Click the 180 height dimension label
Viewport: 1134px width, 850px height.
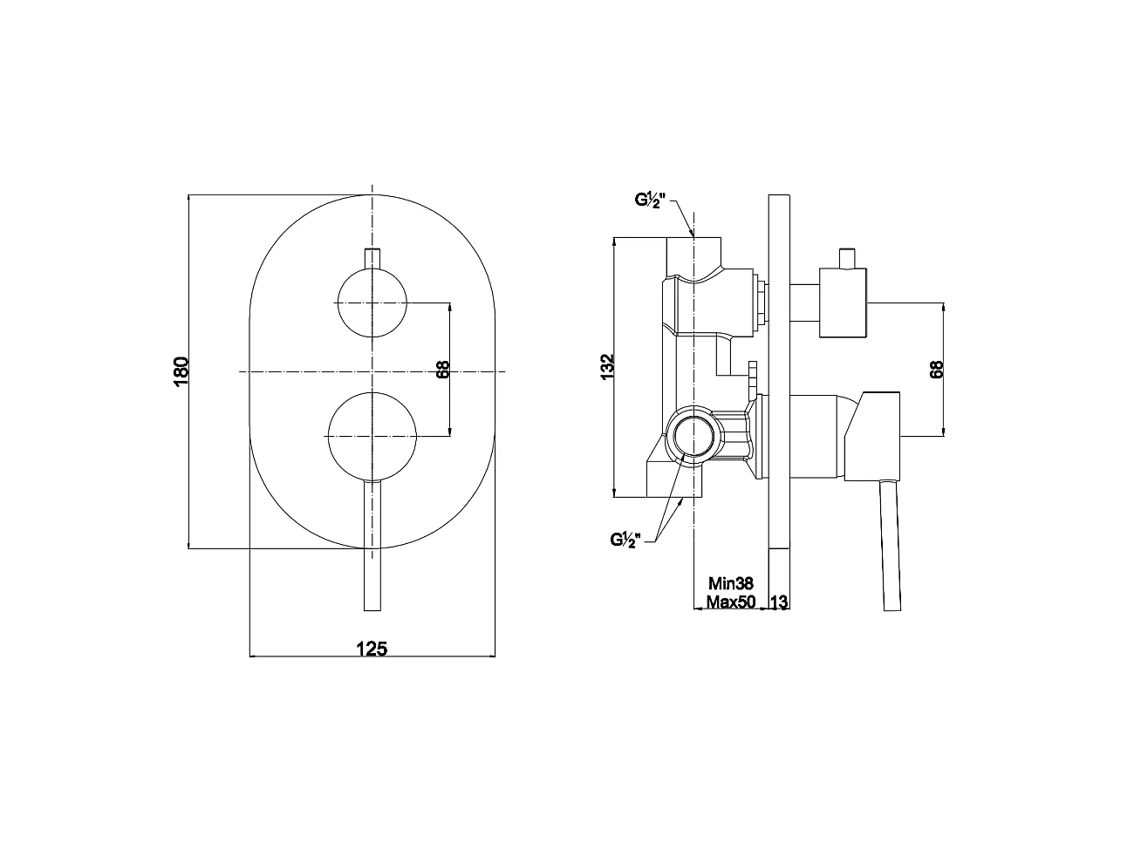tap(181, 371)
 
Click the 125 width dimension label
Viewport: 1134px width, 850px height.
tap(372, 649)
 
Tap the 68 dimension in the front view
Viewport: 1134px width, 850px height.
tap(443, 370)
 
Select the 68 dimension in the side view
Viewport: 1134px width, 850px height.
tap(936, 370)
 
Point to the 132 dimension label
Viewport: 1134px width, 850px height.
tap(607, 367)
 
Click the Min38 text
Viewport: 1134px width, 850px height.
tap(730, 583)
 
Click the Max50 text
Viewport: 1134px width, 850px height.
tap(731, 602)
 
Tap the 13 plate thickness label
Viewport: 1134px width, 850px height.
tap(779, 602)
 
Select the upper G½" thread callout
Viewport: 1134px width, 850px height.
tap(650, 200)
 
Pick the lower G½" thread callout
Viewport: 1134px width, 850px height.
tap(625, 540)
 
